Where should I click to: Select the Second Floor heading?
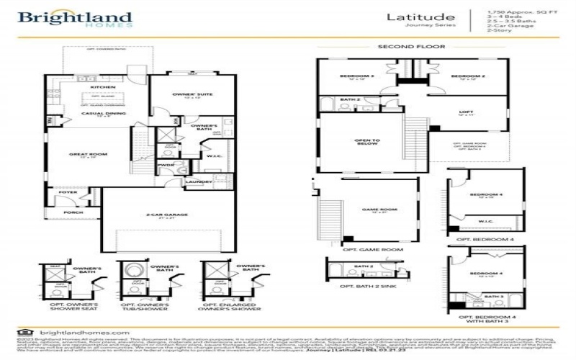coord(411,46)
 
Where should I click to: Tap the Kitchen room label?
coord(103,87)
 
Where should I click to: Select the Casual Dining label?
coord(96,114)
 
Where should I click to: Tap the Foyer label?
coord(68,192)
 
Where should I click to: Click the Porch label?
coord(73,212)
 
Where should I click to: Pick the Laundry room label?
coord(199,181)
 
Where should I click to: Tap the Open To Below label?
coord(366,142)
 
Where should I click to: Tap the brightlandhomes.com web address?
coord(75,332)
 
